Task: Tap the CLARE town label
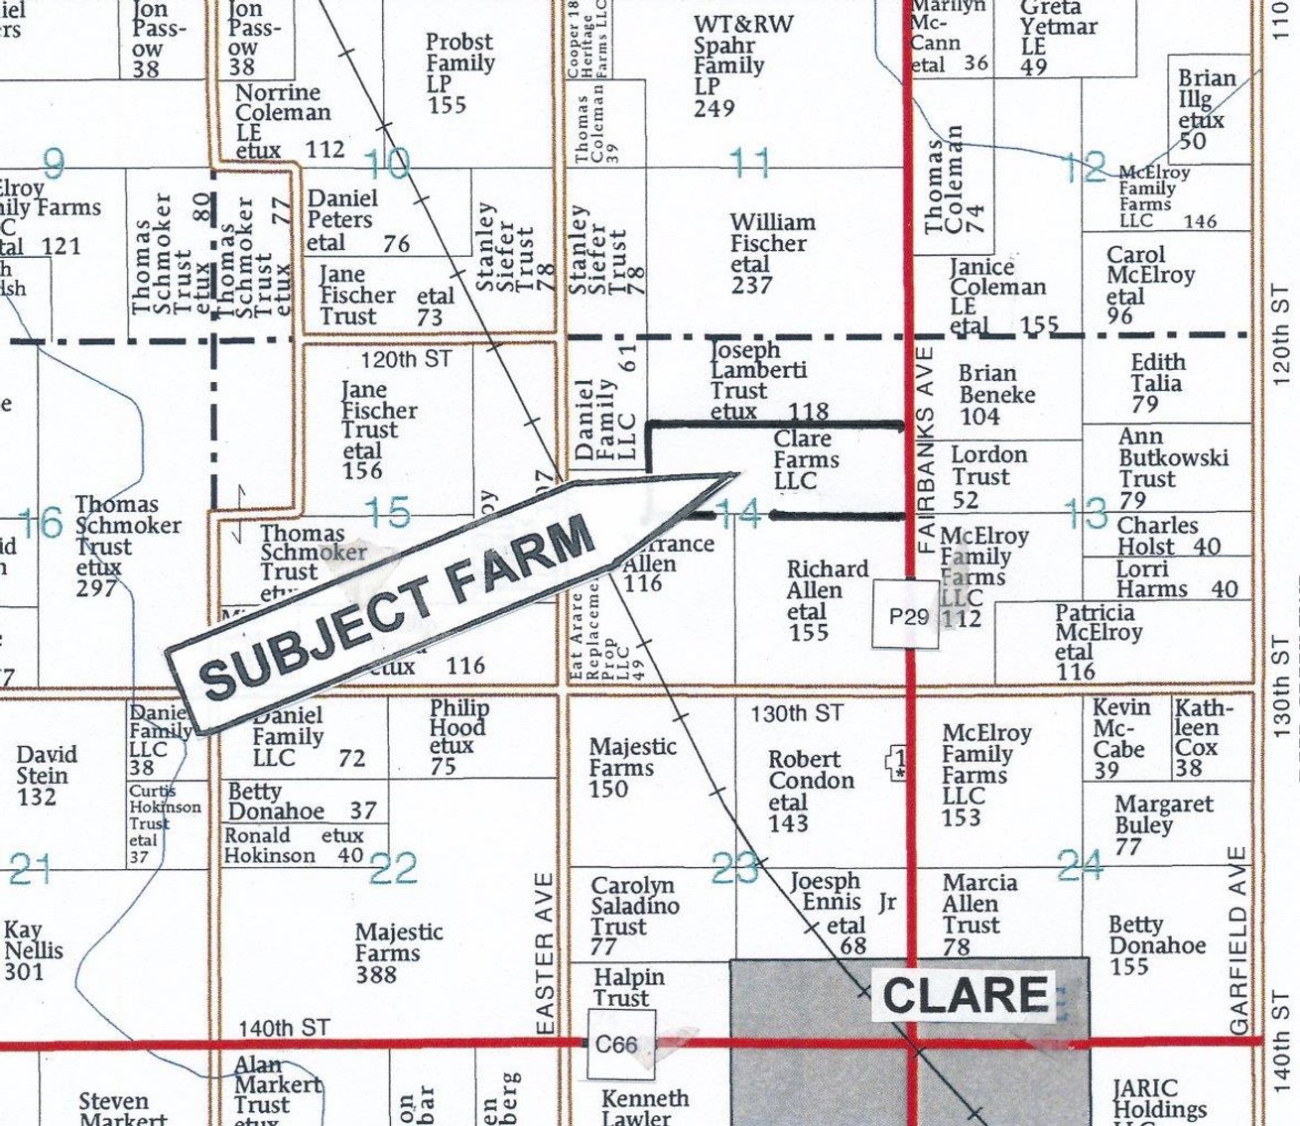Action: pos(965,995)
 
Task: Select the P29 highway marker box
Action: pos(908,616)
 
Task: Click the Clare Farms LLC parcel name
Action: pos(805,460)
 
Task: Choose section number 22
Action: pos(393,870)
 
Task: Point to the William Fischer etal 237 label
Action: pos(771,253)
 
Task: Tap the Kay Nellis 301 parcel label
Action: pos(34,950)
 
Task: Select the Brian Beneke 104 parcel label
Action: pos(995,394)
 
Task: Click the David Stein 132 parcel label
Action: pos(43,775)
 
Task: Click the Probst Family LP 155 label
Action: pos(458,72)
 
